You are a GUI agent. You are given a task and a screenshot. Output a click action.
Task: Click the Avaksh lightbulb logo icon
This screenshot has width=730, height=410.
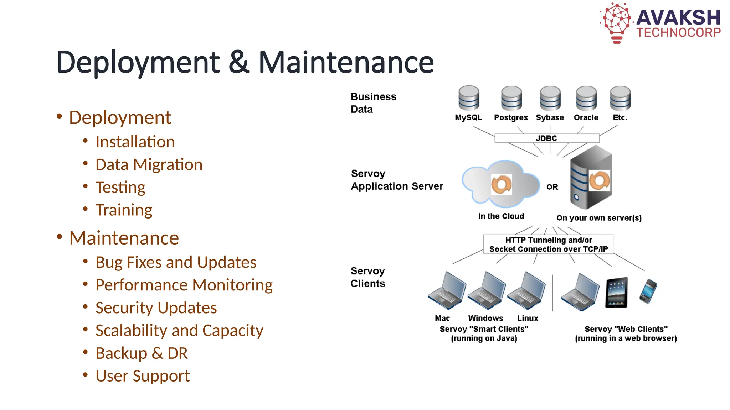coord(617,22)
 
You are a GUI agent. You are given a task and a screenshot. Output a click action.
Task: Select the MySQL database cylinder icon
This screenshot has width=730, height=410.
coord(469,98)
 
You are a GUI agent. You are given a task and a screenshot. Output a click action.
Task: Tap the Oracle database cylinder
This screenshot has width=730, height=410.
coord(586,98)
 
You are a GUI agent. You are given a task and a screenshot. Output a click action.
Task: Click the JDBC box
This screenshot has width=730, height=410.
coord(546,138)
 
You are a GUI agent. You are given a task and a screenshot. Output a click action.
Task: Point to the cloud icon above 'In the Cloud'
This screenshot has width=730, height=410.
coord(501,184)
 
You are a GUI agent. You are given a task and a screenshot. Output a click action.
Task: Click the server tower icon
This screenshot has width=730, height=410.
coord(591,178)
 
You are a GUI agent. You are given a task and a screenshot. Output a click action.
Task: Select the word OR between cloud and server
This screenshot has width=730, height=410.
coord(552,187)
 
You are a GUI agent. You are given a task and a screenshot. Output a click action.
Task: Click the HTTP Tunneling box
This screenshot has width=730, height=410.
coord(548,245)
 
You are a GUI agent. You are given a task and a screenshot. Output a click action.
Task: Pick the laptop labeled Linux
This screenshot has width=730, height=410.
coord(526,290)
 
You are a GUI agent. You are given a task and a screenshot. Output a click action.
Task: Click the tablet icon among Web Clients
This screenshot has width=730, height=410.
coord(616,292)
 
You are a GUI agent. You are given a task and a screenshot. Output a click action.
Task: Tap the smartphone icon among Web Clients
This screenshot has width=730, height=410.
coord(648,291)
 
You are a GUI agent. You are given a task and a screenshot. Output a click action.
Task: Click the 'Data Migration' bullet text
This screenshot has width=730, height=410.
coord(149,165)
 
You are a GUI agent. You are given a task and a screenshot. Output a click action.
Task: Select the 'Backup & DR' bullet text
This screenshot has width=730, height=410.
coord(142,353)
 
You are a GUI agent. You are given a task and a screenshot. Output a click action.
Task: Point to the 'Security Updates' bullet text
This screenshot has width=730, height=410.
coord(156,308)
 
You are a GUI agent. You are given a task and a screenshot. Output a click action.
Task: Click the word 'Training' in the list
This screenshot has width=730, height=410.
coord(124,210)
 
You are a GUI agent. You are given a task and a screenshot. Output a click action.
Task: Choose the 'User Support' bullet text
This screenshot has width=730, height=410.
coord(143,376)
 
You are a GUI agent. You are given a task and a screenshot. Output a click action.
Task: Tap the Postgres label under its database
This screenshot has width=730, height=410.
coord(511,117)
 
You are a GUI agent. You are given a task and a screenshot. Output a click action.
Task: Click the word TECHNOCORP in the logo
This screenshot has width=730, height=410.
coord(679,33)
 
